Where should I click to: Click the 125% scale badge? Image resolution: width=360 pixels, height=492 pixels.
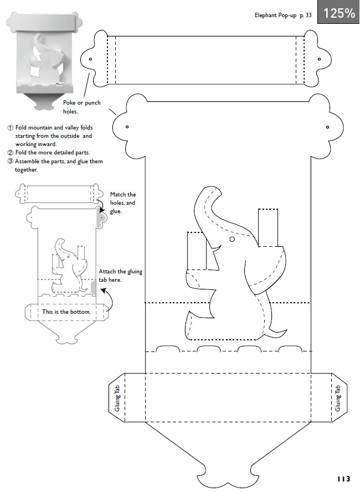[x=338, y=12]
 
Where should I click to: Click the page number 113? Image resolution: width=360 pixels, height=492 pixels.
[x=344, y=479]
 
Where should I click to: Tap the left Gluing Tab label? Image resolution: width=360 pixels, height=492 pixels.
[x=117, y=398]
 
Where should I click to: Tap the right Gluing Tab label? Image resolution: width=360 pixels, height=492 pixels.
[x=338, y=398]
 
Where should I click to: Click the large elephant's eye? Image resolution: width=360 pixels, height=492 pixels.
[x=232, y=240]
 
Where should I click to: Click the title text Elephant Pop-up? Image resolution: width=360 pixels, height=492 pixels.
[x=275, y=15]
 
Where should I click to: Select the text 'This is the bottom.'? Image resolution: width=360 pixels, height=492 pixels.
[x=66, y=312]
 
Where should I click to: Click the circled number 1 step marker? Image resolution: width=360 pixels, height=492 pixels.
[x=11, y=128]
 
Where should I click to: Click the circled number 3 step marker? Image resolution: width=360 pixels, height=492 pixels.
[x=11, y=161]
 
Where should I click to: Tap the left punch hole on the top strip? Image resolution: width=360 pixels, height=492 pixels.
[x=90, y=59]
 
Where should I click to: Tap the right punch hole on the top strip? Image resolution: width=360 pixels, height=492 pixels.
[x=320, y=59]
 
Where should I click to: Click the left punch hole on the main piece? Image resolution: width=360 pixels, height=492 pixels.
[x=127, y=127]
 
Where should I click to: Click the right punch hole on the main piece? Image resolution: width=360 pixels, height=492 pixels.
[x=328, y=127]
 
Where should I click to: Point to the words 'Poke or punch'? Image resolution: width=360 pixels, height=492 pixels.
[x=81, y=102]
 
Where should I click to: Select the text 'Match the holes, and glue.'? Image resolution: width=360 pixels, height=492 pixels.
[x=123, y=203]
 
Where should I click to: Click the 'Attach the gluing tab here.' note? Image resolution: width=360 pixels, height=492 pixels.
[x=120, y=276]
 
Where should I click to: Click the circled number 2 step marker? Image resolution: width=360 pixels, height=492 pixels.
[x=11, y=153]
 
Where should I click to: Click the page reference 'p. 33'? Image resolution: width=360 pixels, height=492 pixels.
[x=306, y=15]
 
